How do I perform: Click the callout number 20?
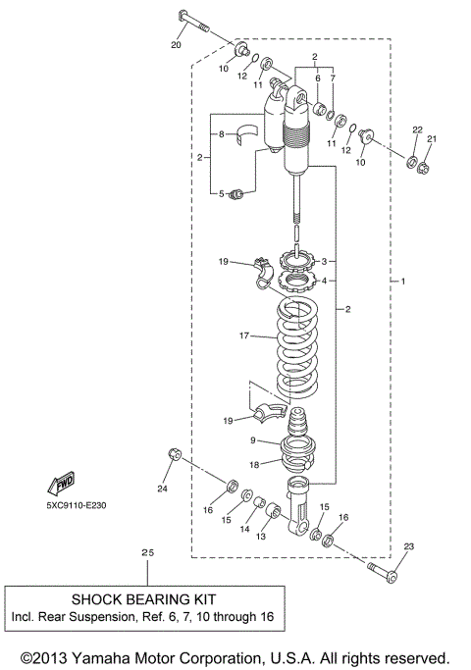point(176,44)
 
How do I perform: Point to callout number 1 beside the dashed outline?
point(403,282)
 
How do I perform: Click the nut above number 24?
point(174,454)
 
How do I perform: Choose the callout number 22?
point(416,131)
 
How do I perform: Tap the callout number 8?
point(222,133)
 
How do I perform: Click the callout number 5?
point(222,193)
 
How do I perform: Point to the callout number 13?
point(260,538)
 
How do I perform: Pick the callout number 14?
point(243,529)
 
